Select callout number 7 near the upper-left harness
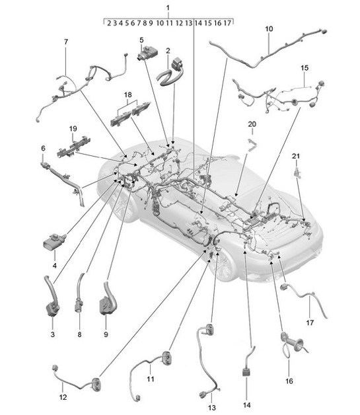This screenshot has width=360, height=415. pyautogui.click(x=66, y=42)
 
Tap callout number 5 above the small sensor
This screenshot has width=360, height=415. pyautogui.click(x=141, y=40)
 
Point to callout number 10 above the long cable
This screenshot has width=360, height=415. pyautogui.click(x=269, y=29)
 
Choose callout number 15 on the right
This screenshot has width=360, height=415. pyautogui.click(x=305, y=68)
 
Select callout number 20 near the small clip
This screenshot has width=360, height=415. pyautogui.click(x=252, y=124)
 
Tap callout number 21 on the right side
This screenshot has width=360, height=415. pyautogui.click(x=296, y=156)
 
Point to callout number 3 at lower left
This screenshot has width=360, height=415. pyautogui.click(x=53, y=335)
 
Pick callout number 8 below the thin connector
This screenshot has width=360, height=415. pyautogui.click(x=79, y=335)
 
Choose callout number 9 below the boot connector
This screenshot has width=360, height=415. pyautogui.click(x=106, y=335)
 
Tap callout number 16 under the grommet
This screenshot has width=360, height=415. pyautogui.click(x=288, y=381)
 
